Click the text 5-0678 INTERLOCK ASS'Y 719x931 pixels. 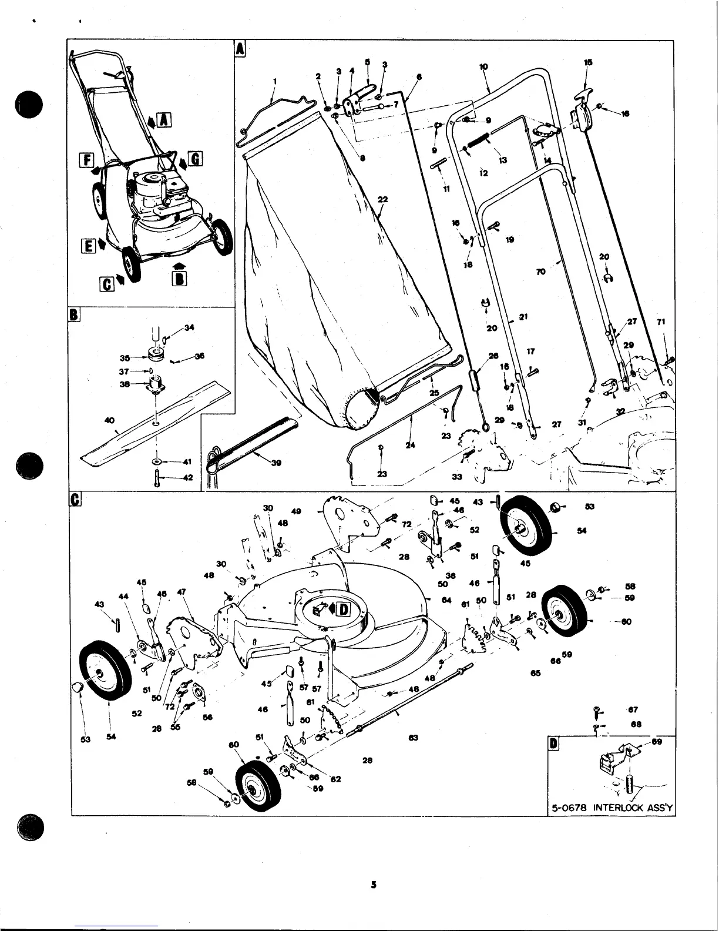(611, 807)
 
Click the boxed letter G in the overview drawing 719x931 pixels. (195, 159)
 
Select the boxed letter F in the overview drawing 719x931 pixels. (87, 159)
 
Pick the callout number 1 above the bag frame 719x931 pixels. (274, 81)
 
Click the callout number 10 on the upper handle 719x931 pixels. (483, 67)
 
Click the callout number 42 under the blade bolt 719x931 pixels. (188, 478)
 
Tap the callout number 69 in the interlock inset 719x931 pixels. (657, 742)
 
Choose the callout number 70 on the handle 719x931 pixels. (540, 272)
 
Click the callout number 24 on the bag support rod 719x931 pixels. (410, 445)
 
